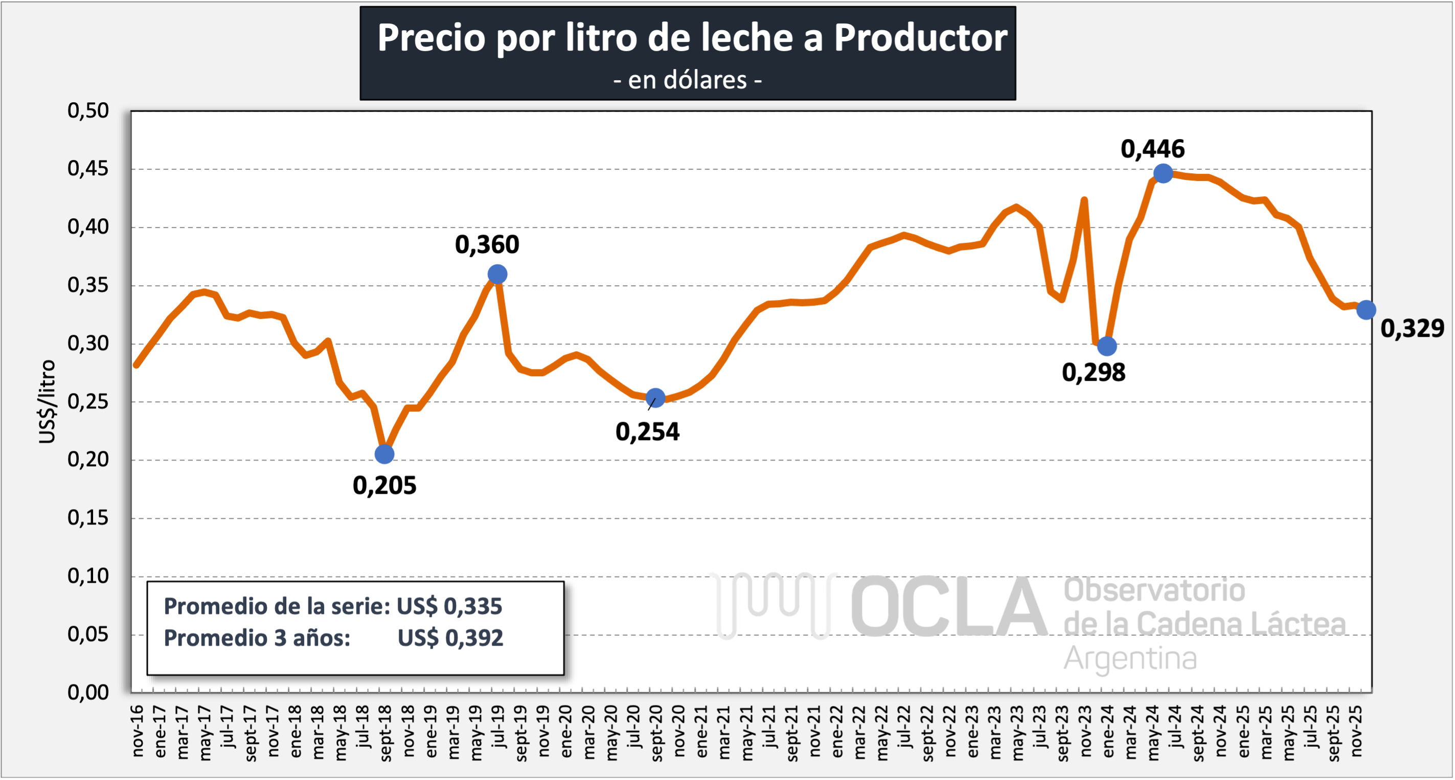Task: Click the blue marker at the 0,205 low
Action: coord(384,453)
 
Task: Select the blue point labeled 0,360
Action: coord(497,274)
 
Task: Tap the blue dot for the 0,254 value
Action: coord(655,398)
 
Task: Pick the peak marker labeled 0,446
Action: coord(1163,173)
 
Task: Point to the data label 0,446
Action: coord(1152,149)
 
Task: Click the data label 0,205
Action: coord(384,486)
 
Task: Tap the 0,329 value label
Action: coord(1412,328)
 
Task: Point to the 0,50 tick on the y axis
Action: coord(88,111)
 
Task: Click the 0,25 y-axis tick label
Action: coord(88,402)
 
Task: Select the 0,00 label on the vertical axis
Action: coord(88,693)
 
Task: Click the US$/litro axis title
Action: coord(48,402)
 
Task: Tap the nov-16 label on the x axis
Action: coord(137,731)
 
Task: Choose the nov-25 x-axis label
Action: coord(1356,731)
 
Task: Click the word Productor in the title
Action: coord(921,38)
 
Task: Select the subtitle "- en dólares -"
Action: coord(688,80)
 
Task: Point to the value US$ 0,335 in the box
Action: coord(449,607)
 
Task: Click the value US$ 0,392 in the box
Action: coord(450,638)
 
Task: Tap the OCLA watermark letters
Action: coord(949,607)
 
